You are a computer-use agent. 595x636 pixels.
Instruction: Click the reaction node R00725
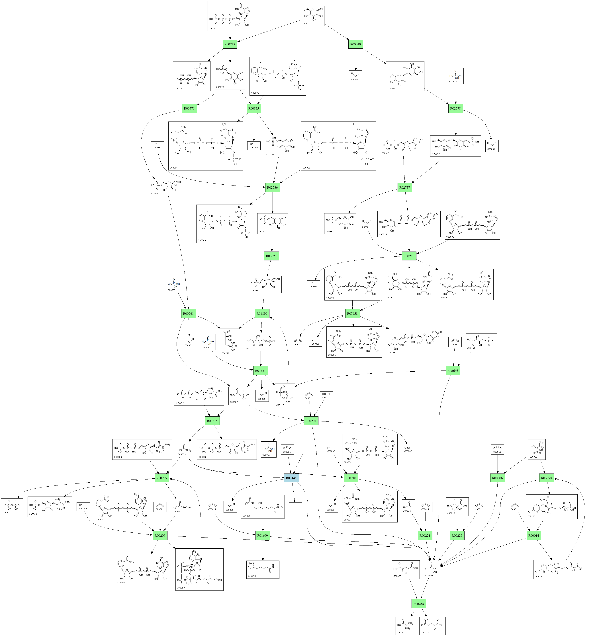(230, 44)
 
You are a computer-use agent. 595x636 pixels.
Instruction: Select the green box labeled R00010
(356, 44)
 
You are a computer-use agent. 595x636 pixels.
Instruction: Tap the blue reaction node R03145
(291, 478)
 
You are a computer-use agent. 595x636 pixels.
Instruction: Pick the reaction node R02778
(455, 108)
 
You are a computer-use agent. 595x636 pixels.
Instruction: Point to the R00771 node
(189, 108)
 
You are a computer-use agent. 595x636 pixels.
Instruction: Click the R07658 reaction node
(352, 314)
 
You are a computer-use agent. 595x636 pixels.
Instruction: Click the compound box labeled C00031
(312, 16)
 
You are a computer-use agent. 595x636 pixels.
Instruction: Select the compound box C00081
(230, 16)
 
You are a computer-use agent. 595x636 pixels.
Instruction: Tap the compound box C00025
(406, 569)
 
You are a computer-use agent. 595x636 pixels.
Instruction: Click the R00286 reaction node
(409, 256)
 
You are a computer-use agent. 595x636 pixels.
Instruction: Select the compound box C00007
(408, 449)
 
